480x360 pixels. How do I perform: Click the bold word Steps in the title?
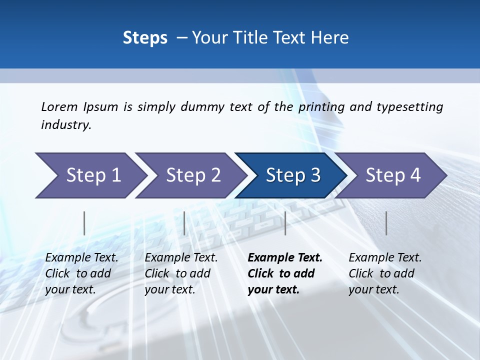pyautogui.click(x=145, y=37)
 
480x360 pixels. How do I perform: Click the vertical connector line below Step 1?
pyautogui.click(x=84, y=223)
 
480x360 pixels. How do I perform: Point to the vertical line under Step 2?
pyautogui.click(x=184, y=223)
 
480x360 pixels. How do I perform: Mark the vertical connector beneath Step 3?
pyautogui.click(x=285, y=223)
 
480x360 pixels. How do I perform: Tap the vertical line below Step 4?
pyautogui.click(x=386, y=223)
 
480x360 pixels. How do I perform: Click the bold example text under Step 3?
pyautogui.click(x=284, y=273)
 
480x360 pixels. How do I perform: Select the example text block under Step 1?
pyautogui.click(x=81, y=273)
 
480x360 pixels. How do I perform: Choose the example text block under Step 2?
pyautogui.click(x=180, y=273)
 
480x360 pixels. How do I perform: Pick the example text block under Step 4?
pyautogui.click(x=384, y=273)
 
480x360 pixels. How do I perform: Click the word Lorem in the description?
pyautogui.click(x=59, y=106)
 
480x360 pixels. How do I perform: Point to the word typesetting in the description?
pyautogui.click(x=409, y=106)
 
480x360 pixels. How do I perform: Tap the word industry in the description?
pyautogui.click(x=66, y=124)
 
